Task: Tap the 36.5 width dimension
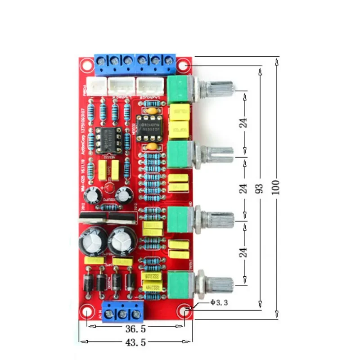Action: [135, 329]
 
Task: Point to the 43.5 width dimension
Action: [135, 343]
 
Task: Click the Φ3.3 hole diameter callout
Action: [219, 303]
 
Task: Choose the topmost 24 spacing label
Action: [243, 122]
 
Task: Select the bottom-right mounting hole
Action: [185, 310]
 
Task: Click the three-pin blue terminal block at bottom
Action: [123, 311]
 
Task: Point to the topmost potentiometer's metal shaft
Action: [220, 89]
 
